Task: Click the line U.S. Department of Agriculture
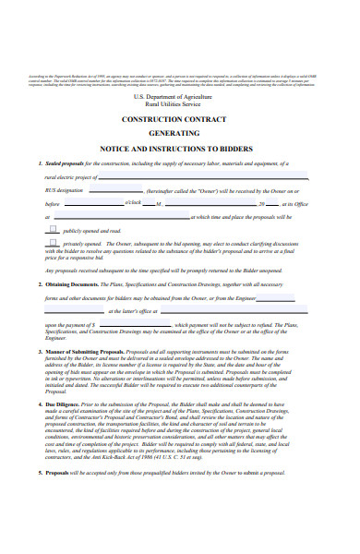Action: (x=181, y=97)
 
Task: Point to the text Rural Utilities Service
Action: (x=181, y=104)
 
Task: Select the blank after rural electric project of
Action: (x=203, y=176)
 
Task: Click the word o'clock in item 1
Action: (x=133, y=203)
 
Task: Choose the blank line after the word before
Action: (x=92, y=203)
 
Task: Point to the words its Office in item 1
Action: (x=296, y=203)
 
